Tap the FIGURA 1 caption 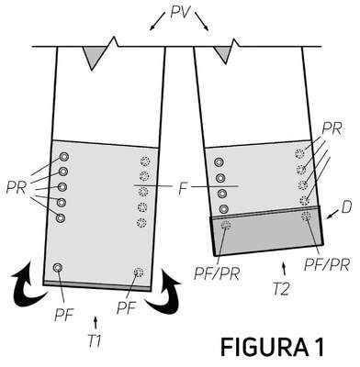click(273, 347)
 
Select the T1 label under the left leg click(95, 341)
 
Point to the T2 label click(281, 289)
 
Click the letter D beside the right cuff click(346, 207)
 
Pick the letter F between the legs click(183, 188)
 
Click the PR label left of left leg click(16, 188)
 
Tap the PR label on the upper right click(332, 130)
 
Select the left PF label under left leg click(63, 315)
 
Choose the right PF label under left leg click(126, 307)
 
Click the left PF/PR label click(217, 273)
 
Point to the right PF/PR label click(326, 265)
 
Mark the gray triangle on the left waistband click(93, 57)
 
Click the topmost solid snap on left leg click(64, 157)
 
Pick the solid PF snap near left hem click(57, 268)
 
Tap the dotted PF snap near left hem click(139, 272)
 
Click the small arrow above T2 click(285, 269)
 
